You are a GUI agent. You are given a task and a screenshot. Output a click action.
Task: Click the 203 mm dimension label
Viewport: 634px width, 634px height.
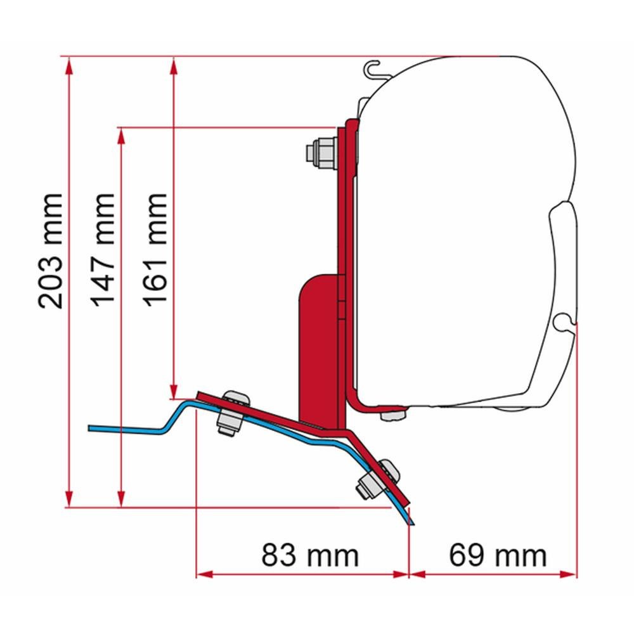pos(51,251)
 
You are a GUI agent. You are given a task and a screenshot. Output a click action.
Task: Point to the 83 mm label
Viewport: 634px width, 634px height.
pos(310,556)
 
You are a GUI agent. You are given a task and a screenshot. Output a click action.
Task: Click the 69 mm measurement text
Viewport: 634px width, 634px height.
pos(498,556)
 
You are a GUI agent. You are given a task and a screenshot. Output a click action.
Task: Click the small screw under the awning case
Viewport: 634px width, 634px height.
pos(393,414)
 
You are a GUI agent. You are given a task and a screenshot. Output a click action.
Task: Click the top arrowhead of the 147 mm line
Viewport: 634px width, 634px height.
pos(121,134)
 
